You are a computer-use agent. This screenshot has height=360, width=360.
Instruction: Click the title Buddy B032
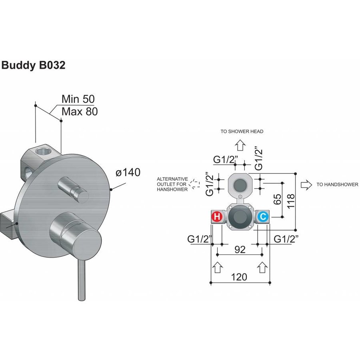34,65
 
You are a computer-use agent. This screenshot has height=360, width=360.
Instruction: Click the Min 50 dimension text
78,99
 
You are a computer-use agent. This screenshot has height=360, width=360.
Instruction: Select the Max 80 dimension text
80,112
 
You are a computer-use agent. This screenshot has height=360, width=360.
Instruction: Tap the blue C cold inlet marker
263,217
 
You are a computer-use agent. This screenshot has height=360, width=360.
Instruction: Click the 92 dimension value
240,250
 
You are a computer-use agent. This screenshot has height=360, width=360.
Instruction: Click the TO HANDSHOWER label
337,184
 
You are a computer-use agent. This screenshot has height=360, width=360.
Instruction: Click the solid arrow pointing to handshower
306,184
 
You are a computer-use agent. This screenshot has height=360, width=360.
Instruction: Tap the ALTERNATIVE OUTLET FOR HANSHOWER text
172,184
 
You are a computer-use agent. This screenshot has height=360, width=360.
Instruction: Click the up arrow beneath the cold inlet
262,267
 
